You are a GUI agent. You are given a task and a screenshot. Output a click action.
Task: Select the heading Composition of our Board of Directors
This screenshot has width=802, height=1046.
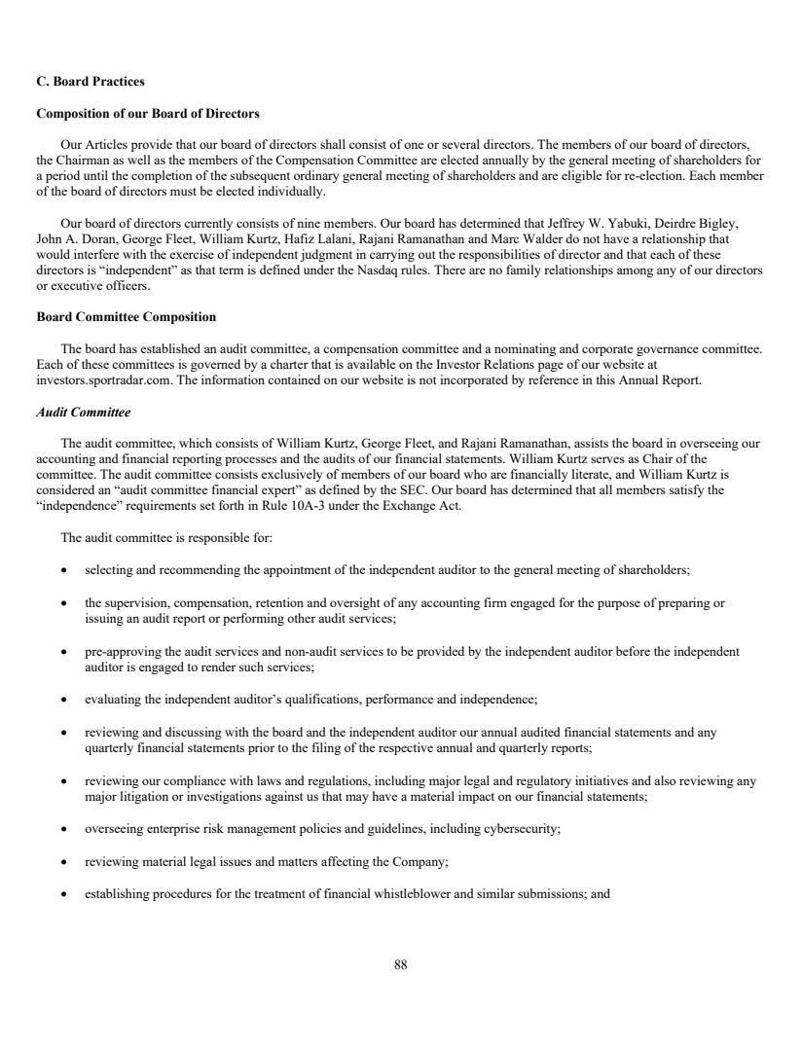tap(147, 114)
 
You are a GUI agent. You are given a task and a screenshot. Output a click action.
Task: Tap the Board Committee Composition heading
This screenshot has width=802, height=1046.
tap(126, 317)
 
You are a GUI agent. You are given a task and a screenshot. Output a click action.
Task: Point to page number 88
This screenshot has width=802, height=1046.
tap(401, 965)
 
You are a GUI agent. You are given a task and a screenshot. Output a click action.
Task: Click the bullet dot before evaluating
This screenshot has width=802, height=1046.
tap(63, 700)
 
